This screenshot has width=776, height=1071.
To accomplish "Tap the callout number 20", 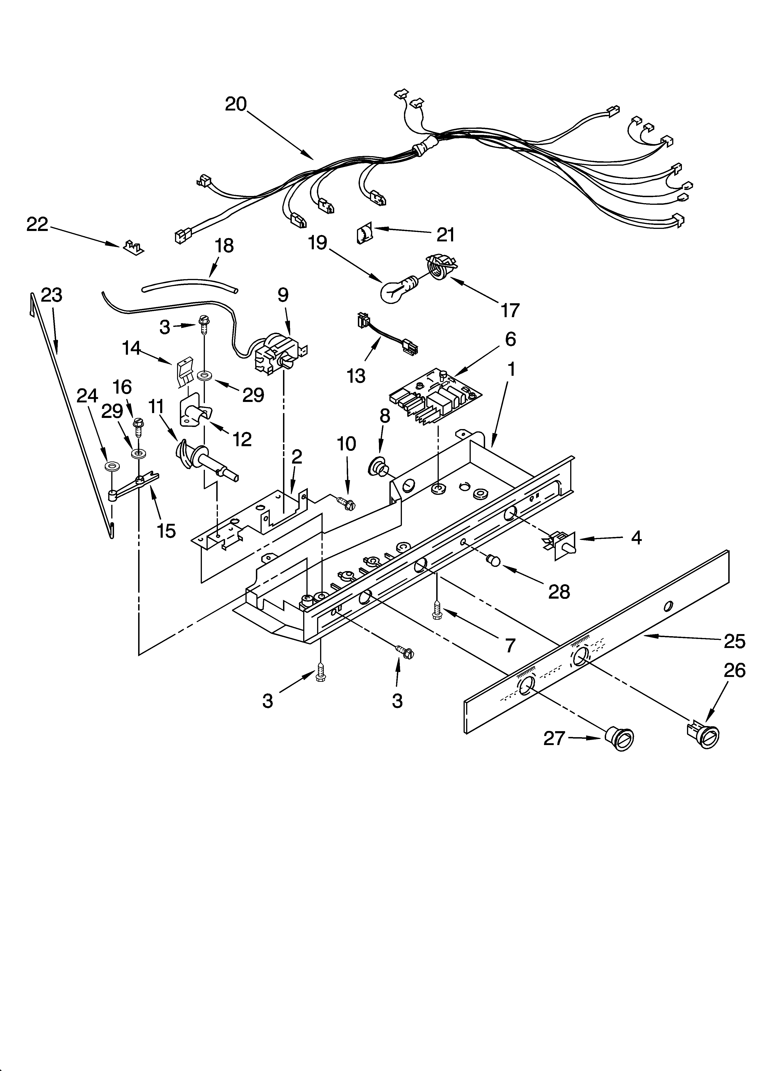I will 236,104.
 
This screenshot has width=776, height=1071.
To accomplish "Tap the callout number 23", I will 51,295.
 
